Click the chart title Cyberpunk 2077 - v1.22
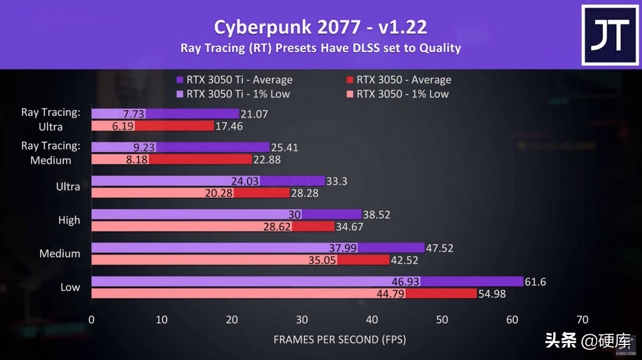coord(320,27)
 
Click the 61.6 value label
coord(536,281)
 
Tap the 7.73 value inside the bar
coord(134,113)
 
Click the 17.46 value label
coord(230,126)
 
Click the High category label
coord(69,220)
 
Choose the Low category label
coord(70,287)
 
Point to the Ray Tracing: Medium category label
coord(50,152)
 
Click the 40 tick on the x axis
coord(372,320)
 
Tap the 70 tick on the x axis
coord(582,320)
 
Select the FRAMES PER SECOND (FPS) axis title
coord(340,340)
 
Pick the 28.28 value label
coord(305,193)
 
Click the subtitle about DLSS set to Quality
coord(320,48)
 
